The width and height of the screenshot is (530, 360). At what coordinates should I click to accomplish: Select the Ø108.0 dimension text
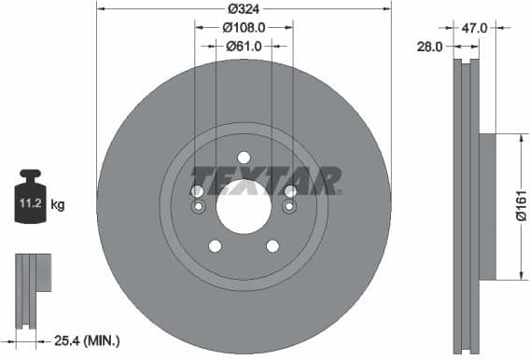(245, 28)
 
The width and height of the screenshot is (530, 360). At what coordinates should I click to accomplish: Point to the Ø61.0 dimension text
(244, 46)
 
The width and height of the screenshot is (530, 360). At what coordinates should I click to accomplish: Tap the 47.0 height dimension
(475, 29)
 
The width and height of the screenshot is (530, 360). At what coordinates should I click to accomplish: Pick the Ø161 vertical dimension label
(522, 206)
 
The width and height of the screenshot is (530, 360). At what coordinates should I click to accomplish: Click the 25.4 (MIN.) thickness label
(86, 341)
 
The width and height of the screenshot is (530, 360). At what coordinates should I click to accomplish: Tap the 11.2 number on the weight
(29, 201)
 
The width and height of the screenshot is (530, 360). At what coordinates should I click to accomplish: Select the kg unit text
(57, 202)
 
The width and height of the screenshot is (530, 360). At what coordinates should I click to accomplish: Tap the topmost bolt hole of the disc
(244, 157)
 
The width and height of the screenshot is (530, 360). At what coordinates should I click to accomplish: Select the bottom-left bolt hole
(215, 246)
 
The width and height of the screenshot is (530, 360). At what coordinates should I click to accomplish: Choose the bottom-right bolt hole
(272, 246)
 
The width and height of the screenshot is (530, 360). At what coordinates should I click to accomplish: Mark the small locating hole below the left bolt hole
(197, 206)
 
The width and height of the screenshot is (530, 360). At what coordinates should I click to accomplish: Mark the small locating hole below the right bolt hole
(290, 206)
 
